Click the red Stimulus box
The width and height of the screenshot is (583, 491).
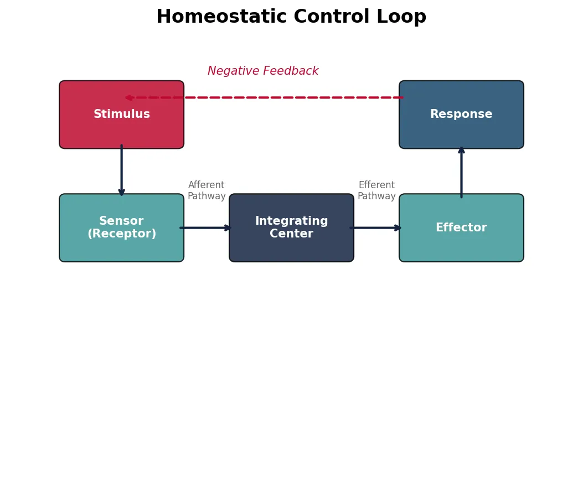[x=121, y=115]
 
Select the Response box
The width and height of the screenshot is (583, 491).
[x=461, y=115]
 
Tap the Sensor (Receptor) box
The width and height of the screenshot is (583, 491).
[x=121, y=228]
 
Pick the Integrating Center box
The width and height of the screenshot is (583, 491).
[x=291, y=228]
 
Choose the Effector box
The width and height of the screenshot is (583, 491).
[x=461, y=228]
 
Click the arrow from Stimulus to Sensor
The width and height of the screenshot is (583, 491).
[x=121, y=170]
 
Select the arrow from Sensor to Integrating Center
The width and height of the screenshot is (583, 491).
[x=205, y=228]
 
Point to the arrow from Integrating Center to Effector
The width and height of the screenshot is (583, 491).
[x=375, y=228]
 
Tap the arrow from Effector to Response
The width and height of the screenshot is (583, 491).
[x=461, y=172]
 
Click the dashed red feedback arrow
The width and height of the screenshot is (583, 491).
[x=266, y=97]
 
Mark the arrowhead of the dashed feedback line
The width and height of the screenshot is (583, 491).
[x=128, y=97]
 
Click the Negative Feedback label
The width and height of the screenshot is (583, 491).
[x=263, y=71]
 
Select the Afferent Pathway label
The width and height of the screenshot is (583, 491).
[x=207, y=191]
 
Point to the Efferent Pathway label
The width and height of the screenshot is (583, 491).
[x=376, y=191]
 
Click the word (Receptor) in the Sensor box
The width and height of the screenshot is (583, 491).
[x=122, y=234]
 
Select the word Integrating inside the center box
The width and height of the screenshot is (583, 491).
[x=291, y=221]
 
